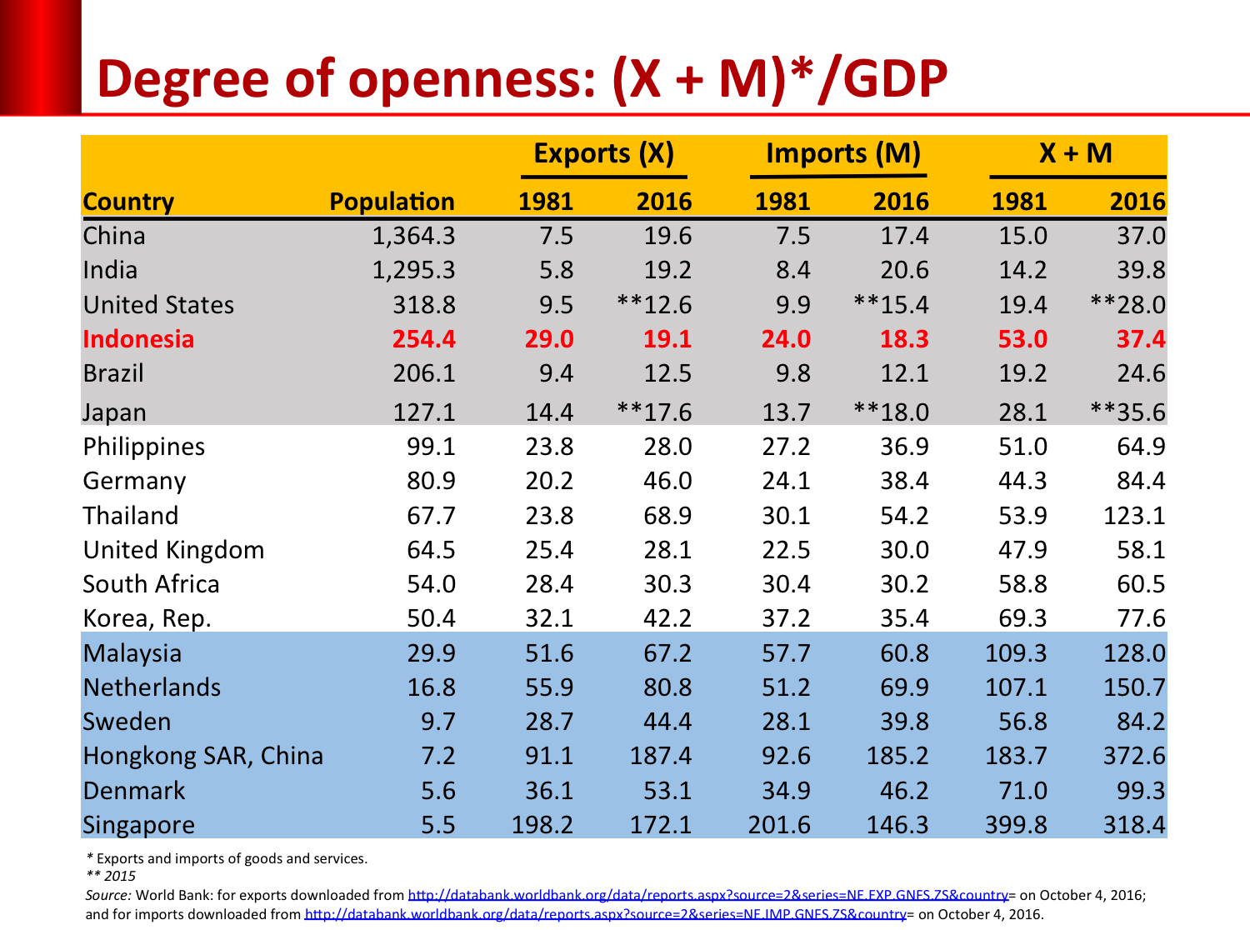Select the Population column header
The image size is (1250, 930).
coord(392,202)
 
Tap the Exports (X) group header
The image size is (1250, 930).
coord(603,153)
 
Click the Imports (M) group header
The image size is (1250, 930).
coord(842,153)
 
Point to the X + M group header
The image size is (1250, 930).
coord(1075,153)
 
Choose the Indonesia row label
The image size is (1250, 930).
coord(138,339)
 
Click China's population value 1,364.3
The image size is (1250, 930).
coord(413,236)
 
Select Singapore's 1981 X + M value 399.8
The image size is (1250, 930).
coord(1016,825)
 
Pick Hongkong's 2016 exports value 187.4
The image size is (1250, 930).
coord(661,756)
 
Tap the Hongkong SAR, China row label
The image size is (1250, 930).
coord(202,756)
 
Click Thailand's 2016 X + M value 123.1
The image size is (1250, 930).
coord(1134,516)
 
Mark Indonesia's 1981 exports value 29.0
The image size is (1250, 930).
coord(549,339)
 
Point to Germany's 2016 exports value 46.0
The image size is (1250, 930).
coord(667,481)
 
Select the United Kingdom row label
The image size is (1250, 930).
coord(173,550)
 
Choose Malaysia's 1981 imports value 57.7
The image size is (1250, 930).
coord(786,653)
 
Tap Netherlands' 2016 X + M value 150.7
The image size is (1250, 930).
coord(1134,687)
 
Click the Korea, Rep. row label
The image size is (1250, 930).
coord(147,618)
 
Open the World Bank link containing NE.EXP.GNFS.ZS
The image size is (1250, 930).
coord(707,895)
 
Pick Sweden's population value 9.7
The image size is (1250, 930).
coord(437,722)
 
